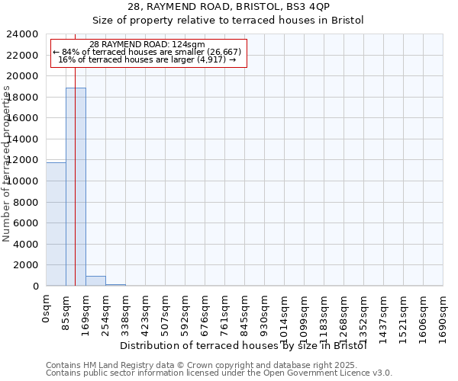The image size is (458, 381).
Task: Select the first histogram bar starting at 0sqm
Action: pos(56,224)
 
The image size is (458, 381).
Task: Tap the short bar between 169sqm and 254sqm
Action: pos(95,281)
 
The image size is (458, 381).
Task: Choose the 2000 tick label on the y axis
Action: pos(27,265)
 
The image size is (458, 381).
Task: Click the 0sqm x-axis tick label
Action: pos(47,309)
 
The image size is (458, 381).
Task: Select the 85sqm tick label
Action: pos(66,312)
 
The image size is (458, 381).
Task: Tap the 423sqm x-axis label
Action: pos(146,314)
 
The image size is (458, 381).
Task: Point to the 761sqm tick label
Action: pos(225,314)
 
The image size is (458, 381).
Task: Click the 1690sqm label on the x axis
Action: pos(443,317)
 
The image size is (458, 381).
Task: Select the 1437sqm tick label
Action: pos(384,317)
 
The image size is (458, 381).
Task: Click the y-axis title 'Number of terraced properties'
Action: pos(7,164)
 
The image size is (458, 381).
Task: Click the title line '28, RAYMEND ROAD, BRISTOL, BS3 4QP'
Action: pos(228,8)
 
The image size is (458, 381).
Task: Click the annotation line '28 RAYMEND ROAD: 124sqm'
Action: pos(147,45)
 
